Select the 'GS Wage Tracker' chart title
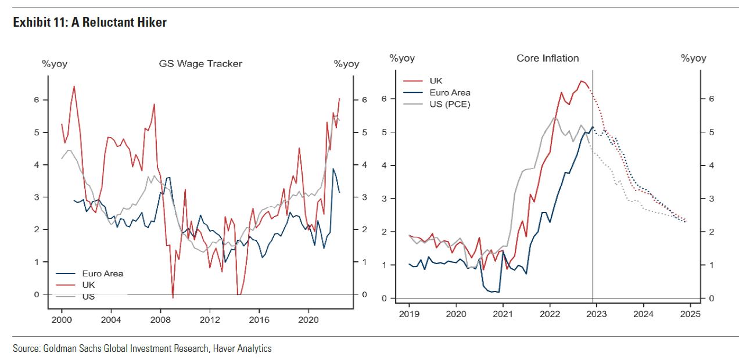coord(200,63)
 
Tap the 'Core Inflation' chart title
coord(547,58)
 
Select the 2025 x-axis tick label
coord(690,314)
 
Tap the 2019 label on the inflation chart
coord(409,314)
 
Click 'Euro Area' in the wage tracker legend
coord(102,273)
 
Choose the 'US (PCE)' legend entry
coord(450,104)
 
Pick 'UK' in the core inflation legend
coord(436,81)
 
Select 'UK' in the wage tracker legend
coord(89,285)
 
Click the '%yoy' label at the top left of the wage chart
coord(55,64)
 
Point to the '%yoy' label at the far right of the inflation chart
coord(694,58)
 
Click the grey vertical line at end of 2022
coord(592,232)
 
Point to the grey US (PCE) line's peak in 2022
coord(555,118)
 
